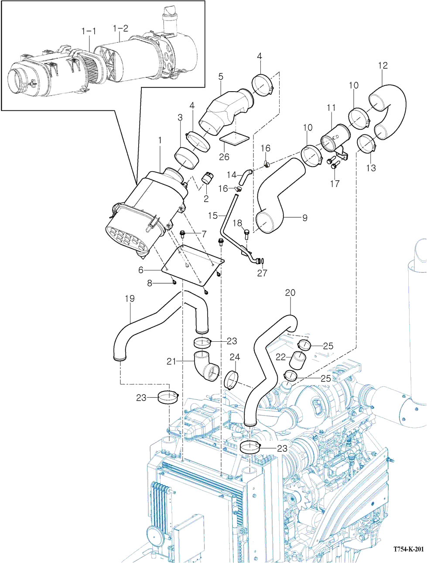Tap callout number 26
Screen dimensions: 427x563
coord(224,157)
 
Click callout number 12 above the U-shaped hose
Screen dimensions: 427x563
coord(383,65)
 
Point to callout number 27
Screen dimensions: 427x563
coord(262,273)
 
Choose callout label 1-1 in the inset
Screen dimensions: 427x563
coord(89,31)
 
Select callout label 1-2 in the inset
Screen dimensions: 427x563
coord(120,28)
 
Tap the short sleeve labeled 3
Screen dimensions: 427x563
coord(187,158)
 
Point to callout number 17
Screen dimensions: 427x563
coord(335,183)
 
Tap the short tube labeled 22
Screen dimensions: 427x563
coord(297,360)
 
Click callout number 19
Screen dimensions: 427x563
coord(130,298)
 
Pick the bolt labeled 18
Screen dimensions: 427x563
coord(247,233)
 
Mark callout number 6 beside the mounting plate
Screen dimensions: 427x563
coord(141,270)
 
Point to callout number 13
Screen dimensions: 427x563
coord(371,168)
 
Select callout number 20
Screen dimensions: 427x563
coord(290,292)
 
